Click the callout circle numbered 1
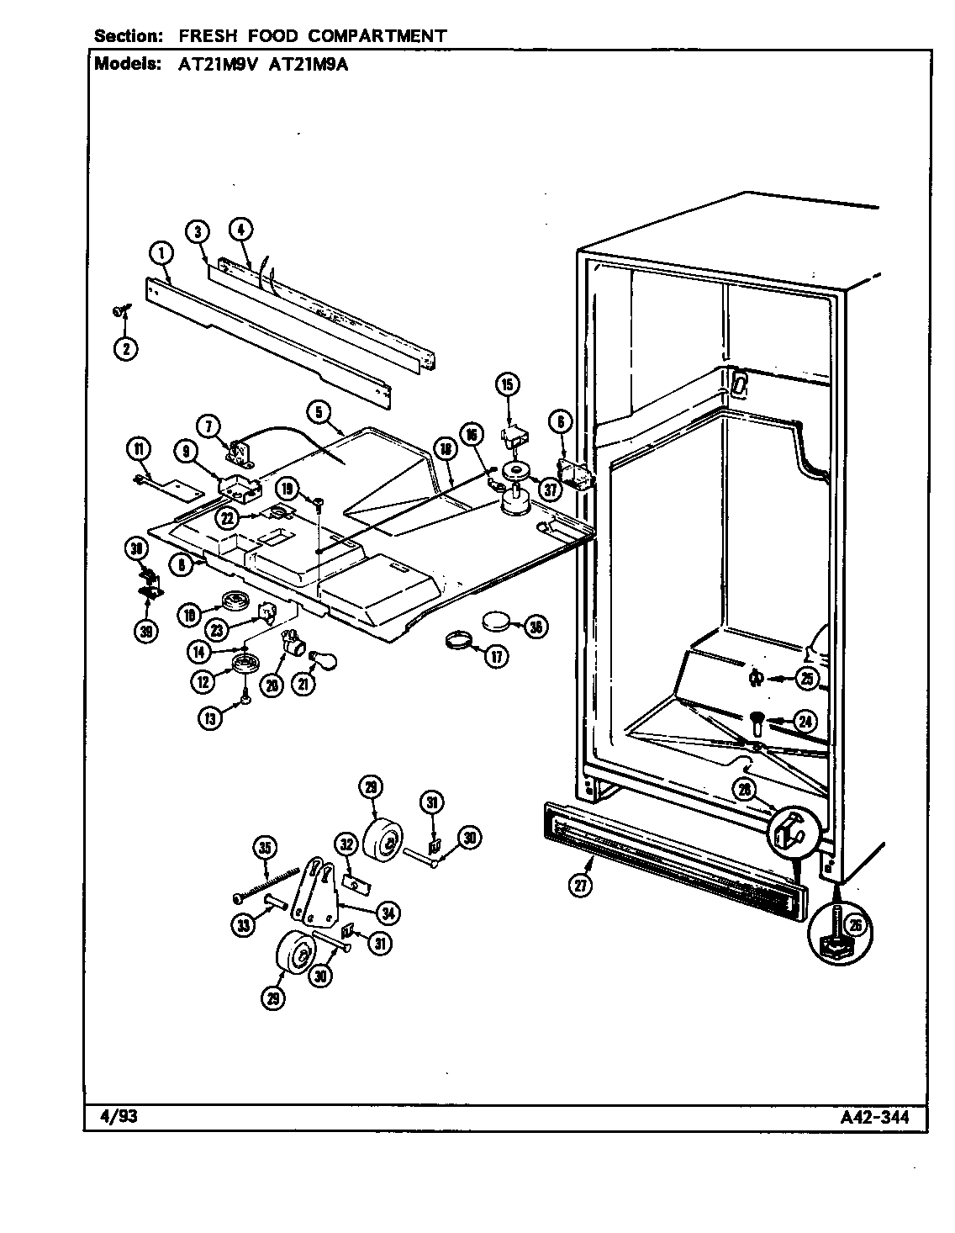coord(161,251)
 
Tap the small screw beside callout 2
coord(117,312)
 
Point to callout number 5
coord(319,411)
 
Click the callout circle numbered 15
coord(508,385)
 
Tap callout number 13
coord(208,718)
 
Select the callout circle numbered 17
coord(496,657)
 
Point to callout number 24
coord(804,721)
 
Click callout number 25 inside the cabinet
coord(807,677)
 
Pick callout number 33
coord(242,925)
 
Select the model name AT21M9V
coord(215,63)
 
